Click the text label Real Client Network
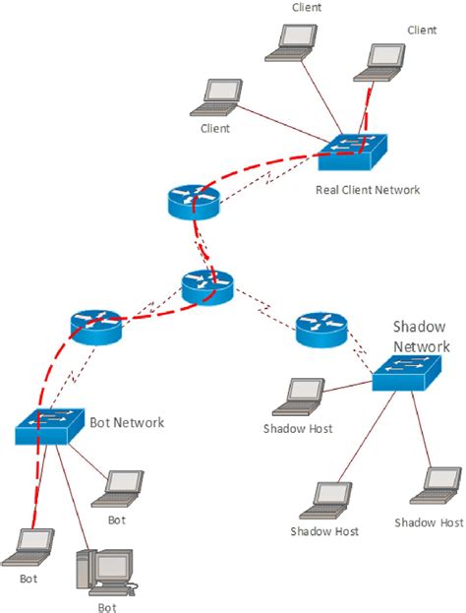[368, 189]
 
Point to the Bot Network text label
[127, 422]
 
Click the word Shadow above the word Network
[421, 327]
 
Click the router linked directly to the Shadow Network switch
[321, 329]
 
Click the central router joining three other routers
[207, 286]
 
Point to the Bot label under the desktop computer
[107, 607]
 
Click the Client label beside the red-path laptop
[421, 31]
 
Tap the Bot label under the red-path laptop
[29, 579]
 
